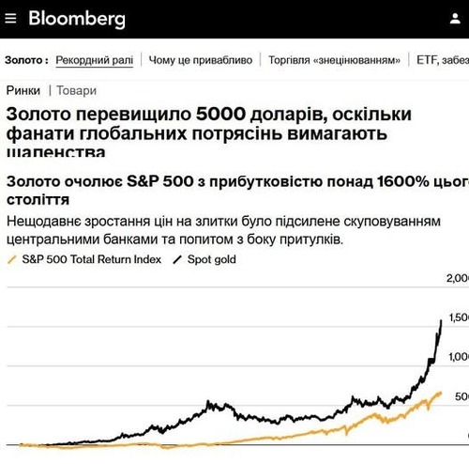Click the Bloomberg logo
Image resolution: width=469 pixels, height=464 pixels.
click(76, 19)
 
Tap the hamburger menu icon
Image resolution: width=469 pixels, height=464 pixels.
click(12, 19)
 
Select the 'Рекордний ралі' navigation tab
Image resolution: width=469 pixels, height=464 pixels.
click(94, 59)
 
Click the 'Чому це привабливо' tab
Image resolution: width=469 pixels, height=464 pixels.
click(201, 59)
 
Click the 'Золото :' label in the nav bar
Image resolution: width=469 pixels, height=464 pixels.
click(26, 59)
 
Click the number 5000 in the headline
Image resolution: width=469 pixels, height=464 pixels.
click(222, 114)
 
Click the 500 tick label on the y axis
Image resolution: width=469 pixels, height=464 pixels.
click(460, 396)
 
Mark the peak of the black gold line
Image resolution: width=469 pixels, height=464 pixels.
click(441, 320)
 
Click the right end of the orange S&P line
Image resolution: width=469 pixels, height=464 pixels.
click(440, 393)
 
